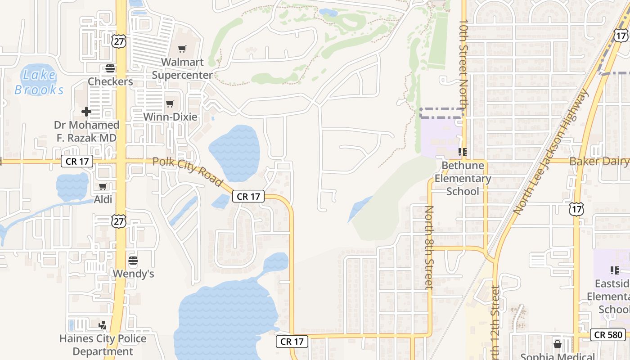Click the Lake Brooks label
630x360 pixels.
coord(39,82)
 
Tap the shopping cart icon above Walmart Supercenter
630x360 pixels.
coord(182,49)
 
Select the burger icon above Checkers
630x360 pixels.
coord(110,68)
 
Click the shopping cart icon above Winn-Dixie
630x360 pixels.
coord(170,104)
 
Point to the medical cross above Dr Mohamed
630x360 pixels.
coord(86,111)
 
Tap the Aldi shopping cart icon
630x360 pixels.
coord(103,186)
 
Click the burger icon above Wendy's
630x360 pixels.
coord(133,260)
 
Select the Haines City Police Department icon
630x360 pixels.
coord(103,325)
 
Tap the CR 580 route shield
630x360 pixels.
coord(608,334)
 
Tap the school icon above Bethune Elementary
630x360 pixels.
coord(462,152)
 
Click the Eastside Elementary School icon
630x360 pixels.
coord(615,270)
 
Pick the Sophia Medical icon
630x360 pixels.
coord(558,344)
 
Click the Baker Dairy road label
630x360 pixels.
coord(598,161)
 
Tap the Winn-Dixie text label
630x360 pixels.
coord(170,117)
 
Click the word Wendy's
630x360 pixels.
coord(133,274)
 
